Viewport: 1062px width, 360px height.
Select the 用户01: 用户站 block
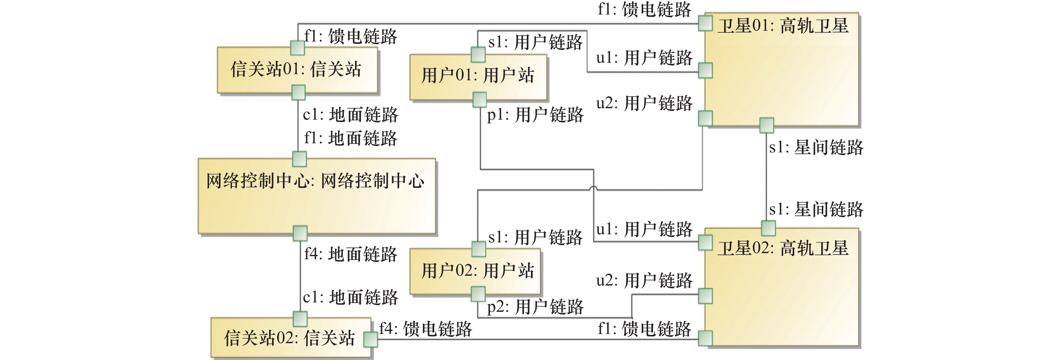pyautogui.click(x=478, y=76)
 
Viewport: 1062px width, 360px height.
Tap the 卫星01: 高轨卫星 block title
pyautogui.click(x=783, y=26)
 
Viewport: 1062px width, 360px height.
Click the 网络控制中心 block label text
pyautogui.click(x=315, y=181)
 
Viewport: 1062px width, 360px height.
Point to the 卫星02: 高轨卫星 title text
pyautogui.click(x=783, y=248)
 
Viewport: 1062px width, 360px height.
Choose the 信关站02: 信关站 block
pyautogui.click(x=290, y=338)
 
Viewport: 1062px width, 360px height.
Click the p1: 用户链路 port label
pyautogui.click(x=535, y=115)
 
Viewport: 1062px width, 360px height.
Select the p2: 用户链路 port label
pyautogui.click(x=535, y=307)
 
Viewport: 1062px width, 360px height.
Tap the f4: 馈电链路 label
pyautogui.click(x=425, y=329)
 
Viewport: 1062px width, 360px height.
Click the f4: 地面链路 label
pyautogui.click(x=350, y=254)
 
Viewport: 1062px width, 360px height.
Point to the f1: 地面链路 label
pyautogui.click(x=350, y=138)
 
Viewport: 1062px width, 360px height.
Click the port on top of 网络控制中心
pyautogui.click(x=299, y=159)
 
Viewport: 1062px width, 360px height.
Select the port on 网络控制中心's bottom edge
pyautogui.click(x=300, y=233)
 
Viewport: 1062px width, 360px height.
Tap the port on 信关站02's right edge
pyautogui.click(x=371, y=339)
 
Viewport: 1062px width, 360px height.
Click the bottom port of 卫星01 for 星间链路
pyautogui.click(x=766, y=125)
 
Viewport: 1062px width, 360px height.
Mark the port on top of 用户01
pyautogui.click(x=478, y=54)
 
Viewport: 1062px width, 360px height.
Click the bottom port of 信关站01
pyautogui.click(x=298, y=92)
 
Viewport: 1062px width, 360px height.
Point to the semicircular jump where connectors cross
pyautogui.click(x=593, y=189)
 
